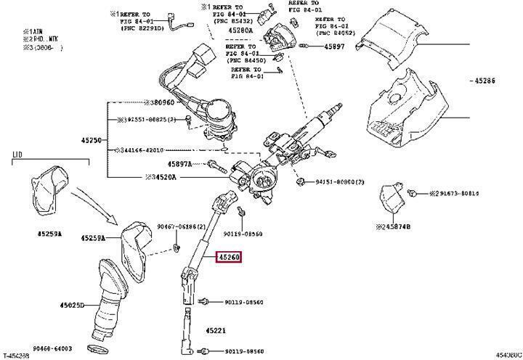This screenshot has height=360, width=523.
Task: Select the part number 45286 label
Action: pyautogui.click(x=487, y=81)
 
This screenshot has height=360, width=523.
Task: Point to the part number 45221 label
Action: pyautogui.click(x=215, y=331)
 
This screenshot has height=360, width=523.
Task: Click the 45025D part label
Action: pyautogui.click(x=72, y=306)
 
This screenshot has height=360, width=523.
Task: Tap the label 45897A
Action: pyautogui.click(x=179, y=164)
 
